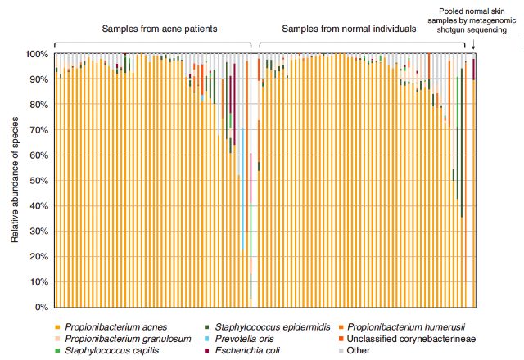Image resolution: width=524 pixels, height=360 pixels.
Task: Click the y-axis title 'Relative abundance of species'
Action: coord(16,180)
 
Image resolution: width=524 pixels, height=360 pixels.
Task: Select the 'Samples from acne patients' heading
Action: coord(159,29)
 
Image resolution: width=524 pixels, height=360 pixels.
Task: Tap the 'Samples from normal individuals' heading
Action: coord(349,29)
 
